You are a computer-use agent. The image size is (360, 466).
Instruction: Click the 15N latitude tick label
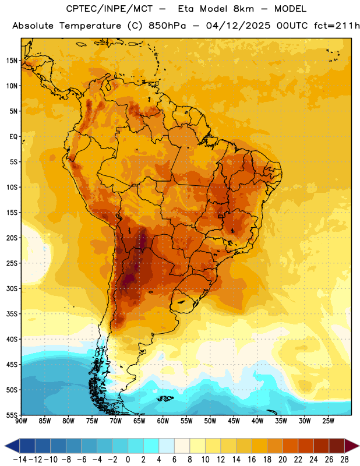(12, 61)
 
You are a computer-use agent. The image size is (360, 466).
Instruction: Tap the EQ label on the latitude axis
(13, 137)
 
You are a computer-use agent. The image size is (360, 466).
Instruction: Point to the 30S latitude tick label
(12, 288)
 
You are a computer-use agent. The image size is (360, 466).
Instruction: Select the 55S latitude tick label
(12, 415)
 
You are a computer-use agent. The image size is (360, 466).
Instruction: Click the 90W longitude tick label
(21, 421)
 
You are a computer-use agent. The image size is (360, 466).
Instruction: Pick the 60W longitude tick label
(163, 421)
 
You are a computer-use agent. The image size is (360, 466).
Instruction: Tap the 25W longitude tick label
(328, 421)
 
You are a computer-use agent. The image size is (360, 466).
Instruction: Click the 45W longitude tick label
(234, 421)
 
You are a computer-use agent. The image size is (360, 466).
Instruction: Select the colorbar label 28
(344, 460)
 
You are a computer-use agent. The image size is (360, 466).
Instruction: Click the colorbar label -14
(20, 460)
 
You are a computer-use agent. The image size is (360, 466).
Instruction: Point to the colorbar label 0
(128, 460)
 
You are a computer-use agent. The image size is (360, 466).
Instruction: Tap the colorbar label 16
(252, 460)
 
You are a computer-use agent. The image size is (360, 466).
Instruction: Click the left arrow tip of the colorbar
(5, 446)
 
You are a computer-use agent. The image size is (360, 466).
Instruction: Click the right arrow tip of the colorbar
(359, 446)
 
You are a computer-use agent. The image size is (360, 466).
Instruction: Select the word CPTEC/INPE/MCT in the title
(109, 9)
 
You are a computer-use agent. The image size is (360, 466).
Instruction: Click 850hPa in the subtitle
(167, 26)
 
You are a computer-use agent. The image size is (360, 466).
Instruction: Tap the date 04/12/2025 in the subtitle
(238, 26)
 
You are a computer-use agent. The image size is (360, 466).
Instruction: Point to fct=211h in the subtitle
(337, 26)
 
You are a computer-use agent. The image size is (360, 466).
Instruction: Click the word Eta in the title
(186, 9)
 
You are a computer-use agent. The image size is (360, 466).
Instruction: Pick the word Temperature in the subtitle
(90, 26)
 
